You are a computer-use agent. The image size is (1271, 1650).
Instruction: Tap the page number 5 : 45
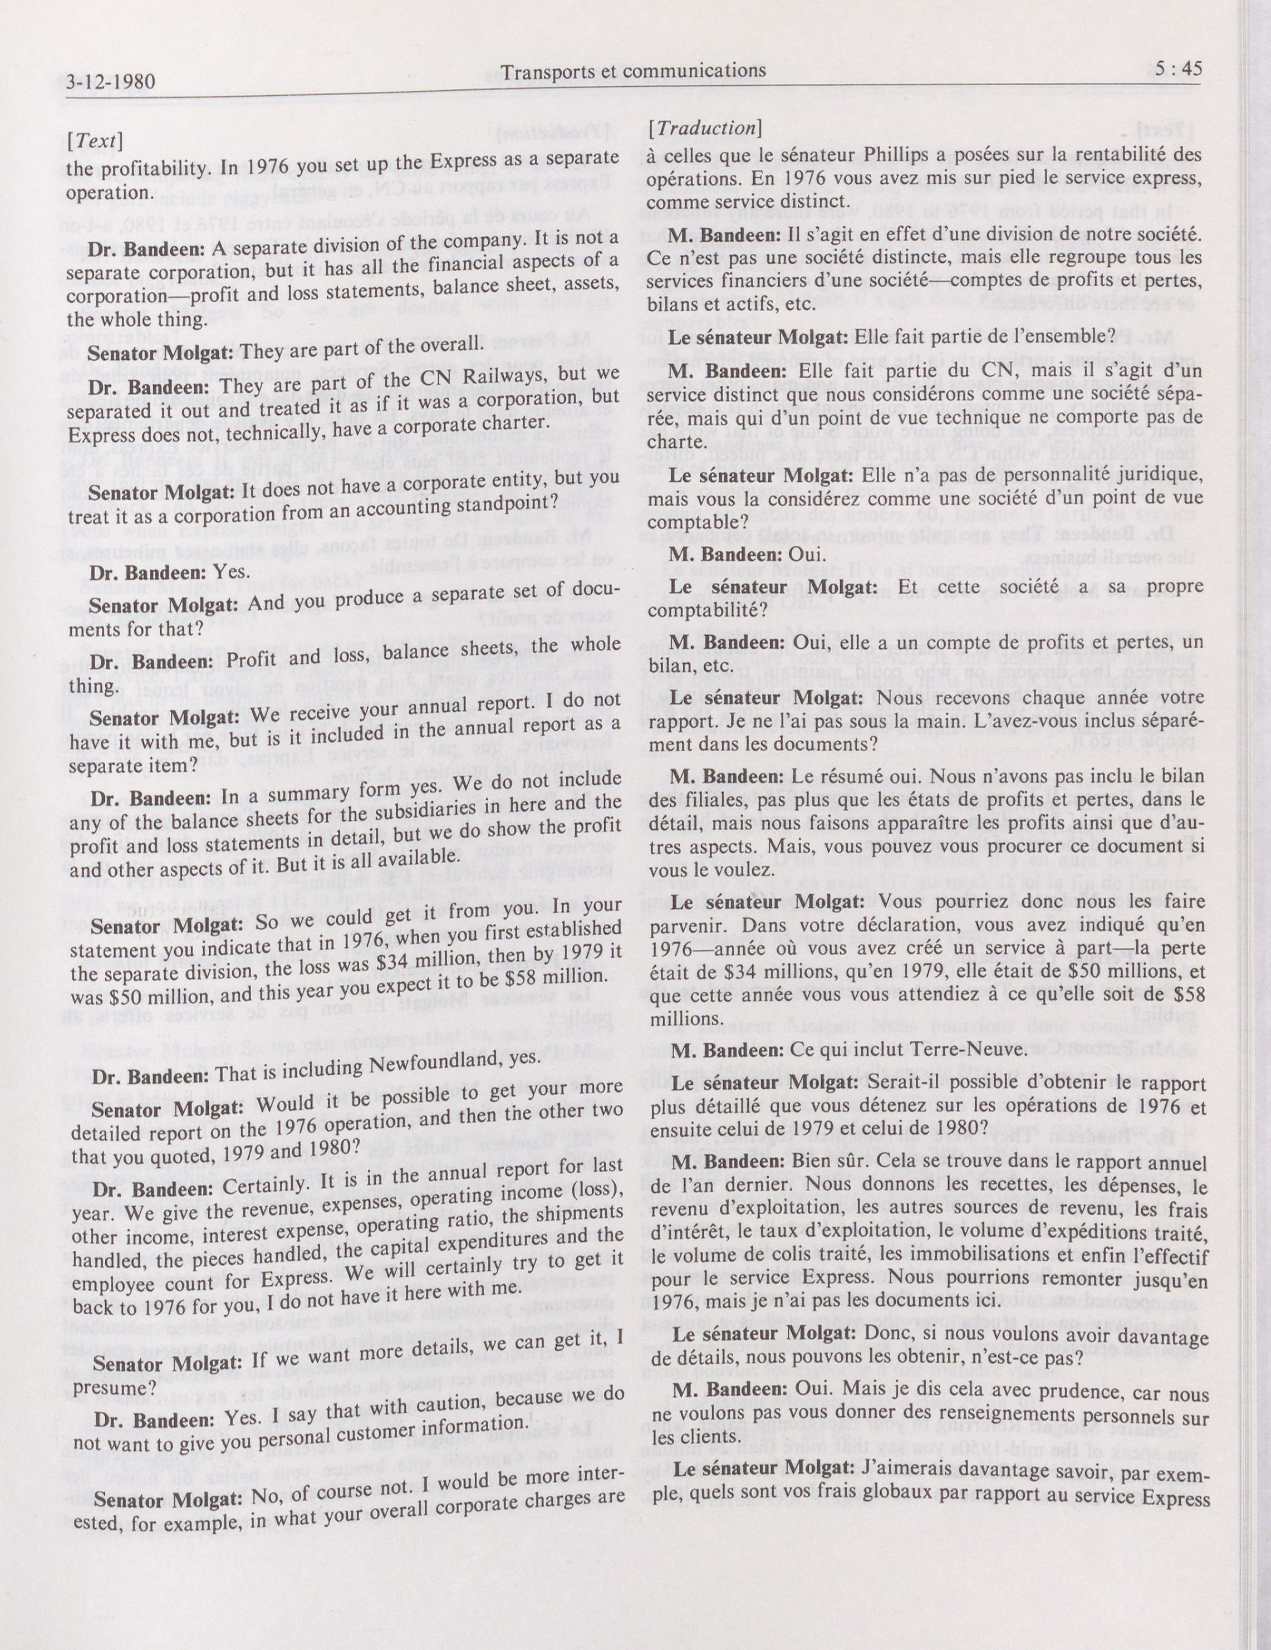coord(1172,70)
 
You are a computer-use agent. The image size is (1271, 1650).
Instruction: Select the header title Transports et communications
coord(634,71)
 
